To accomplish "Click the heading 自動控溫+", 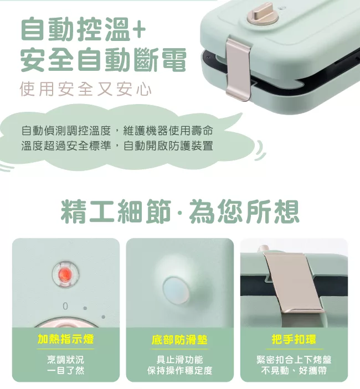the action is pos(83,29).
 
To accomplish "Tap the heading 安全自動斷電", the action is pos(103,60).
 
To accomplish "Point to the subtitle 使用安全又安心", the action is pos(86,89).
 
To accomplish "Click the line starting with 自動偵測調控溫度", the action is pos(117,131).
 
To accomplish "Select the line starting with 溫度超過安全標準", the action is pos(117,146).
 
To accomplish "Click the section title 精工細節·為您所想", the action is pos(180,211).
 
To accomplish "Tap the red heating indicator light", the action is pos(65,274).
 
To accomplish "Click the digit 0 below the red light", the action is pos(65,306).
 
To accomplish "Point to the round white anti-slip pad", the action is pos(176,291).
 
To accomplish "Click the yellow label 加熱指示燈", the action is pos(65,339).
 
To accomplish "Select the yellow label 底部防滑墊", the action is pos(179,339).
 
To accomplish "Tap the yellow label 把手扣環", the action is pos(294,339).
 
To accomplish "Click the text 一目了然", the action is pos(65,370).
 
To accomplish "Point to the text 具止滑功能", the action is pos(179,360).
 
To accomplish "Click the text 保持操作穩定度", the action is pos(179,370).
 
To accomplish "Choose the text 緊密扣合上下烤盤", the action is pos(294,360).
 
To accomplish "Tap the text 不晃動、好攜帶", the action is pos(294,370).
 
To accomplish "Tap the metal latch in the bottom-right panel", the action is pos(295,283).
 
